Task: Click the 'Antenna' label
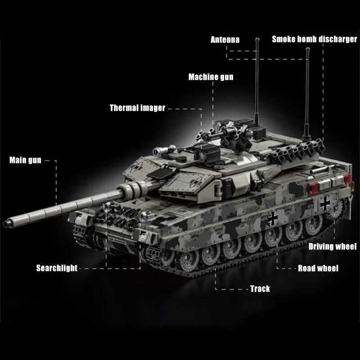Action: click(x=225, y=40)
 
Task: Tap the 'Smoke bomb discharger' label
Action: click(x=314, y=39)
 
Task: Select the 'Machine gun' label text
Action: click(x=211, y=77)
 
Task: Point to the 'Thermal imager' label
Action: click(x=137, y=108)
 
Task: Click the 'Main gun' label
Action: click(x=25, y=160)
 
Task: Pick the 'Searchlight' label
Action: click(x=57, y=269)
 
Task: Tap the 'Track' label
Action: click(x=260, y=288)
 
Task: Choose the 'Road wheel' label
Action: click(x=318, y=269)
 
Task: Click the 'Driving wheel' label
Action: click(x=332, y=246)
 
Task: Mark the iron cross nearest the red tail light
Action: click(x=325, y=204)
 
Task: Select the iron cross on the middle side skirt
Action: click(x=273, y=219)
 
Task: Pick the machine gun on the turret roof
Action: click(x=220, y=132)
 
